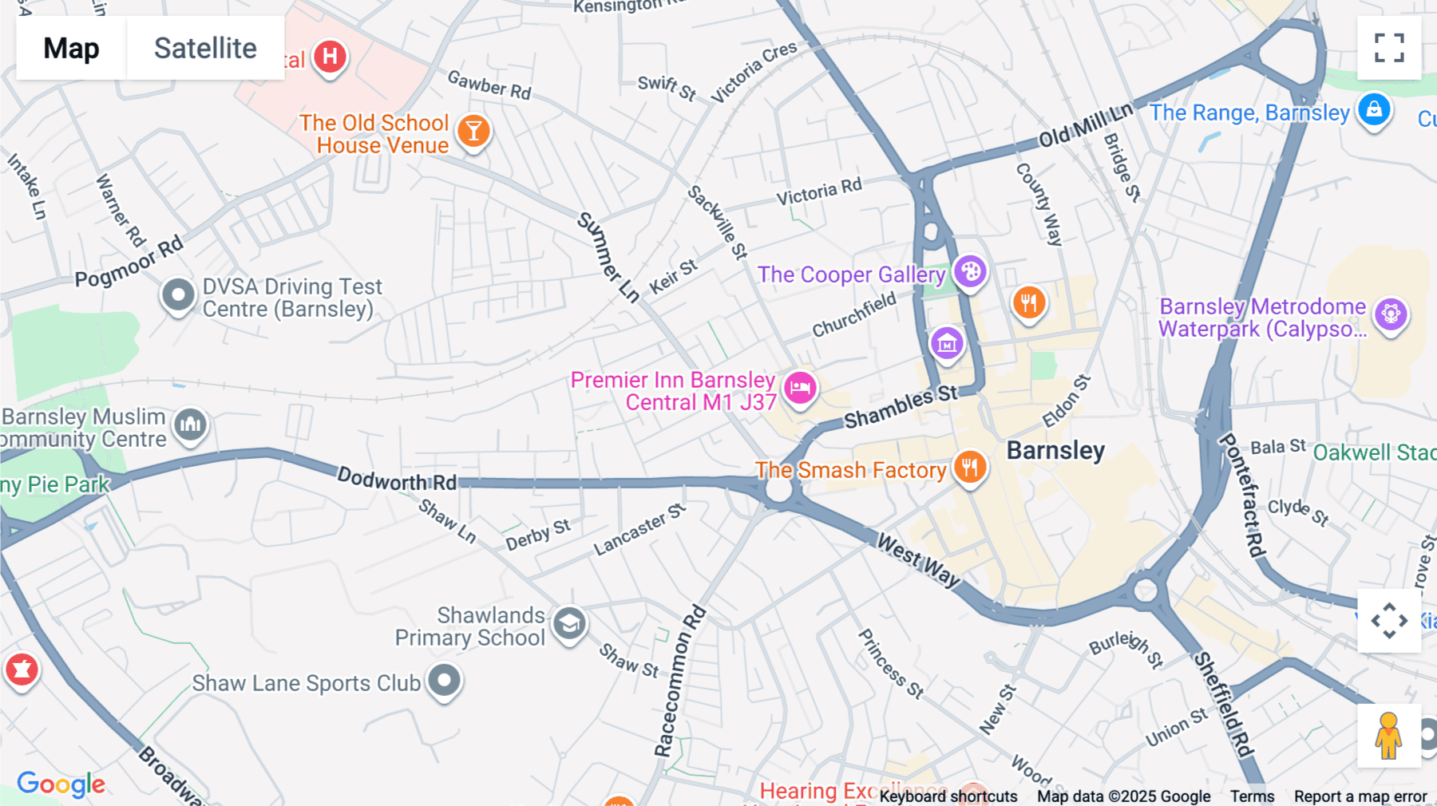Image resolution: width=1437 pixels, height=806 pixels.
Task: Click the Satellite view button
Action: click(x=205, y=48)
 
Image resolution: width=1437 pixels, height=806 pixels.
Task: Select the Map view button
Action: click(x=71, y=48)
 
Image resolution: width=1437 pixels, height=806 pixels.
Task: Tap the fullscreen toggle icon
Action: click(x=1389, y=48)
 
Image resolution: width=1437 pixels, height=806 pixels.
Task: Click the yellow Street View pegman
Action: click(x=1388, y=736)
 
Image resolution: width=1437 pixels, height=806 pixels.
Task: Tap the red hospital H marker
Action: click(x=330, y=57)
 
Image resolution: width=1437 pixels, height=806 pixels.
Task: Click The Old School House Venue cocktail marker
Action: click(x=473, y=131)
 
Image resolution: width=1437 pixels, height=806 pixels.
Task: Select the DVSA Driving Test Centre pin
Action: click(x=178, y=295)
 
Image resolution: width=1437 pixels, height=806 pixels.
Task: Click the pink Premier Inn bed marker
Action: click(x=800, y=388)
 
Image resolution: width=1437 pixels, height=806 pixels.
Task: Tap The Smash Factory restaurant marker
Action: click(x=969, y=467)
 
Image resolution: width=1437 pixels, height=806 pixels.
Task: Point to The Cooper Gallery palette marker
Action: click(x=970, y=272)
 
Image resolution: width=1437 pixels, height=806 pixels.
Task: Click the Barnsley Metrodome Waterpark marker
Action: click(x=1391, y=314)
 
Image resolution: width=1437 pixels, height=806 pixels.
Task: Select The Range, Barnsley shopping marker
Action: click(x=1374, y=109)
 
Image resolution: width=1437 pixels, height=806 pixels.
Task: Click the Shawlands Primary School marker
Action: click(x=569, y=623)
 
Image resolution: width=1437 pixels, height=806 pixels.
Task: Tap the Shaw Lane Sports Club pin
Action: click(x=444, y=681)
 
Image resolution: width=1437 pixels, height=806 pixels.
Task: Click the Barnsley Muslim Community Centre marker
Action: click(x=191, y=425)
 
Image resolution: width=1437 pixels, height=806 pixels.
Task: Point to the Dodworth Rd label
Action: click(x=397, y=480)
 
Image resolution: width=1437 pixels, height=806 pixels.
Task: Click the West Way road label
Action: click(x=918, y=560)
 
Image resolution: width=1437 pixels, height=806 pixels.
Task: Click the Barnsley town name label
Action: click(x=1055, y=451)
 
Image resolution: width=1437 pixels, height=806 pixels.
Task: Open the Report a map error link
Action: click(x=1360, y=796)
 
